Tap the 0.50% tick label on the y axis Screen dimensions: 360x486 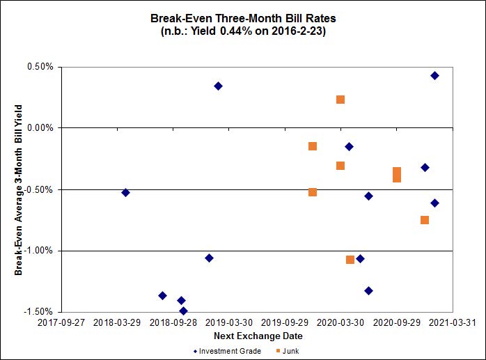(x=40, y=68)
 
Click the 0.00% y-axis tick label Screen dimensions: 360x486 (x=40, y=128)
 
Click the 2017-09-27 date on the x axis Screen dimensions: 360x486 (x=61, y=323)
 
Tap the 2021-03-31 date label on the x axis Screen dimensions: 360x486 (x=453, y=323)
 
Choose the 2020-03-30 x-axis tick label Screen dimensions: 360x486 (x=340, y=323)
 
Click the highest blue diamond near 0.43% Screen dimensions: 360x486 (x=434, y=75)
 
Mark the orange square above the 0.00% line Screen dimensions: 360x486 (x=340, y=100)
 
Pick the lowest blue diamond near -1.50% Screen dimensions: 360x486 (x=183, y=311)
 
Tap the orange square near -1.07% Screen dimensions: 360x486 (x=350, y=260)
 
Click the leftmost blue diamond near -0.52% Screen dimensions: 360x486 (x=125, y=192)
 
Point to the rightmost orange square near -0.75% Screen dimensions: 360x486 (x=425, y=220)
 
